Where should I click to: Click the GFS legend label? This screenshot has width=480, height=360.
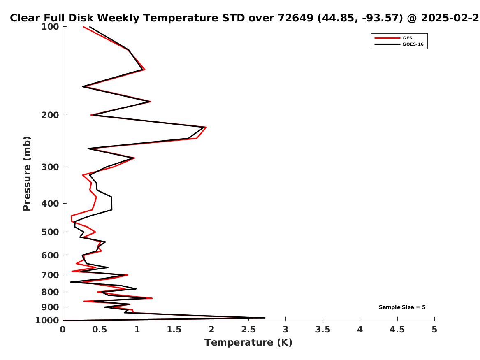407,38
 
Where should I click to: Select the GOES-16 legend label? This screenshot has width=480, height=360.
413,44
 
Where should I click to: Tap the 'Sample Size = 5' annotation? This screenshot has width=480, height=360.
402,307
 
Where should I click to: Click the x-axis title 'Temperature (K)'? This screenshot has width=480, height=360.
248,342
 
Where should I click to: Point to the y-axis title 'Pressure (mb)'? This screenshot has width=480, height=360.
27,174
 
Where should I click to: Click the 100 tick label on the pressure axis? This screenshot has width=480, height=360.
50,27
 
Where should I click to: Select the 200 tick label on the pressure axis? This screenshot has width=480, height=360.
50,115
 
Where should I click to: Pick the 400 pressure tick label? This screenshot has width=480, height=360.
50,203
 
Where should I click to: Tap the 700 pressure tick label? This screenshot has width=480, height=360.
50,275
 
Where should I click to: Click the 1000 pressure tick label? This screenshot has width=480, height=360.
47,321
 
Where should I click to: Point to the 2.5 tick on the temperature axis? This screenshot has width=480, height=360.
248,330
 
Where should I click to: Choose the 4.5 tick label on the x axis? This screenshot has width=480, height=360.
397,330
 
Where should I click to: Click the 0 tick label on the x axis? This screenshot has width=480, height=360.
63,330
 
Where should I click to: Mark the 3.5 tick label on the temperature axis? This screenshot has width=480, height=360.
322,330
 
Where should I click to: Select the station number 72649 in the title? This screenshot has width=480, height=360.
295,18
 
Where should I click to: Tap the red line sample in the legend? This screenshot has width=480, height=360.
387,38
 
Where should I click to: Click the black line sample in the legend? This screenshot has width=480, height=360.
387,44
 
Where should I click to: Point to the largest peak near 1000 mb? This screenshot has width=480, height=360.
265,318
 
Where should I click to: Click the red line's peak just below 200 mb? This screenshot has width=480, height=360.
206,127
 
